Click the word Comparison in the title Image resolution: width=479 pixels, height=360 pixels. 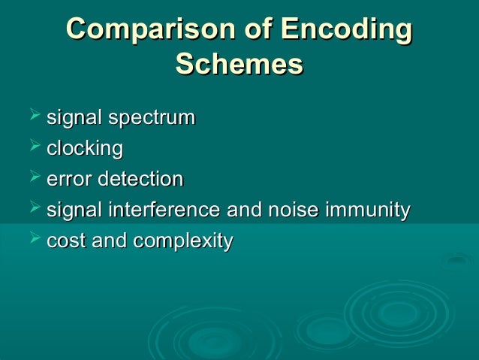point(150,31)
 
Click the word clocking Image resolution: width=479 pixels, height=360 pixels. point(84,149)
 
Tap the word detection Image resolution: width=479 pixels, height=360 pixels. point(143,180)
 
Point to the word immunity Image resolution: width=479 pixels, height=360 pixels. point(368,210)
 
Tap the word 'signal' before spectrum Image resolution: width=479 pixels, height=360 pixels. point(74,119)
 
